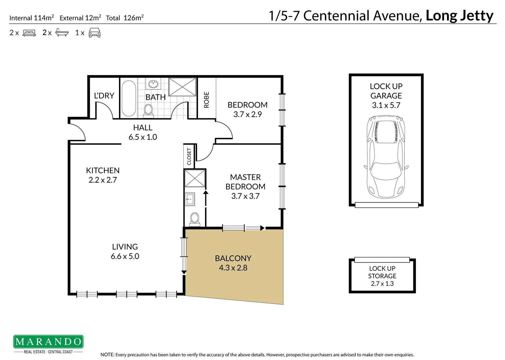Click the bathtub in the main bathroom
click(x=129, y=98)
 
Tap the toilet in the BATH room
click(x=148, y=110)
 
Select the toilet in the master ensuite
click(x=194, y=219)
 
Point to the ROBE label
click(x=206, y=100)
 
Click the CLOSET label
click(x=189, y=156)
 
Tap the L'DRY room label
click(x=104, y=96)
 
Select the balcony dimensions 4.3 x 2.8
click(x=233, y=268)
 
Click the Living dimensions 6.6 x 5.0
click(x=125, y=256)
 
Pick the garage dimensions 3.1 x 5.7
click(x=386, y=105)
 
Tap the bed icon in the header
click(x=29, y=33)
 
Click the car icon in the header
click(x=94, y=33)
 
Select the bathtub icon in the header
click(x=62, y=33)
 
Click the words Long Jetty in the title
click(x=459, y=16)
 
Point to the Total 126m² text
click(x=125, y=18)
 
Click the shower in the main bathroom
click(x=182, y=87)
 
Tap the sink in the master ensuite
click(x=190, y=199)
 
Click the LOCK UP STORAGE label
click(x=382, y=272)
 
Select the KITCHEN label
click(x=103, y=170)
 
